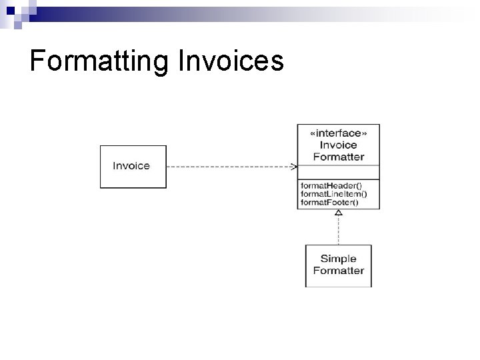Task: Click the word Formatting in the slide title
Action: [x=100, y=61]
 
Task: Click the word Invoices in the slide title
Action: [x=231, y=61]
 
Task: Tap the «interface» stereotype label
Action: [x=338, y=133]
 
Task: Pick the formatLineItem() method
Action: [x=333, y=193]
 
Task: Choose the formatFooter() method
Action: [x=329, y=202]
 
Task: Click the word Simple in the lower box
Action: [x=338, y=259]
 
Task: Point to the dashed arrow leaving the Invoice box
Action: [x=227, y=166]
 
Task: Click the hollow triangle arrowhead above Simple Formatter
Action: [x=339, y=213]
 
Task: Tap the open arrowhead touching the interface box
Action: [x=294, y=166]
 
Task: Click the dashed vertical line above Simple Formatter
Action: [x=339, y=231]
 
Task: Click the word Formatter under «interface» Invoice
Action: [x=338, y=157]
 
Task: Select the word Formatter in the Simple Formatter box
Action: [x=338, y=271]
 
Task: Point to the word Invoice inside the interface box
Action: [x=338, y=145]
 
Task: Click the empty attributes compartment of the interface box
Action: [x=338, y=171]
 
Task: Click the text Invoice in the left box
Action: [x=131, y=166]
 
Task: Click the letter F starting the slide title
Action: [x=37, y=61]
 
